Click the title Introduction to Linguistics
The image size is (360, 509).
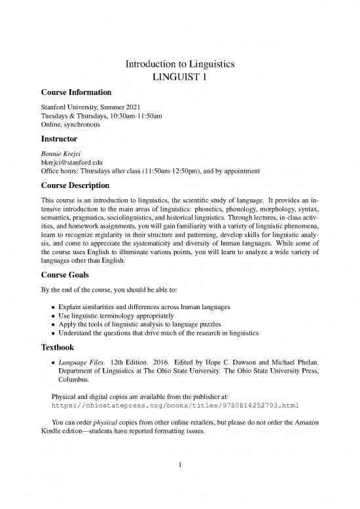coord(180,65)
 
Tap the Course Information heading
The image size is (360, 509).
coord(73,92)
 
